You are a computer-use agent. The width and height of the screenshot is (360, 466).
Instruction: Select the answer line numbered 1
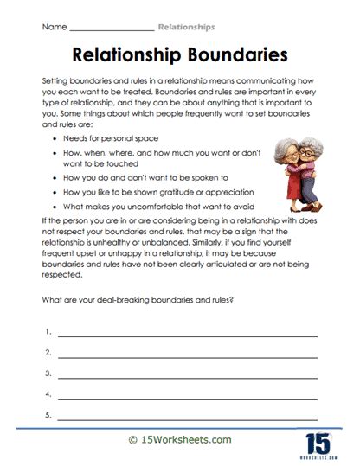click(x=186, y=334)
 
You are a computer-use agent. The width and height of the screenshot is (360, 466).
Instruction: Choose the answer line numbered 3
click(x=186, y=375)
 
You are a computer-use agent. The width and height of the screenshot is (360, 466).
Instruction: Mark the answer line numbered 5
click(x=186, y=416)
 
